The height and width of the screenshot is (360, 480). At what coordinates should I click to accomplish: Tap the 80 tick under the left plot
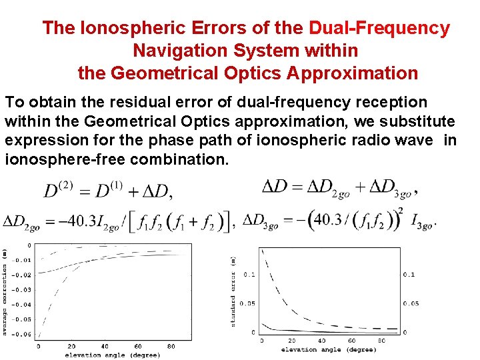(x=171, y=347)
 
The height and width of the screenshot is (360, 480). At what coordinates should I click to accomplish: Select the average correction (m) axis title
(x=5, y=290)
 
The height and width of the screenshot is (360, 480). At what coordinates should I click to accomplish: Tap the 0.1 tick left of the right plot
(x=249, y=275)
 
